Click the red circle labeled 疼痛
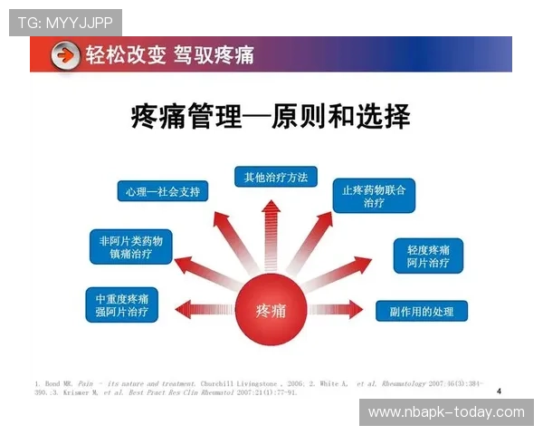tap(271, 312)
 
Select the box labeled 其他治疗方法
tap(275, 177)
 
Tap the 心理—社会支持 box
tap(163, 191)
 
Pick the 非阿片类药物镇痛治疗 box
tap(130, 247)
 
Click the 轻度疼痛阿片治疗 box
tap(428, 256)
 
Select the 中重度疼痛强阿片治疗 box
tap(127, 304)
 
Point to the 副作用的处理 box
tap(422, 311)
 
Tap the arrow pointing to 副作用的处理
tap(339, 311)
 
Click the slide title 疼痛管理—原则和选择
tap(271, 117)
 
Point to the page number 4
tap(499, 391)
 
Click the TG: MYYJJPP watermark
tap(64, 20)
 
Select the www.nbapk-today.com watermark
tap(446, 412)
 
